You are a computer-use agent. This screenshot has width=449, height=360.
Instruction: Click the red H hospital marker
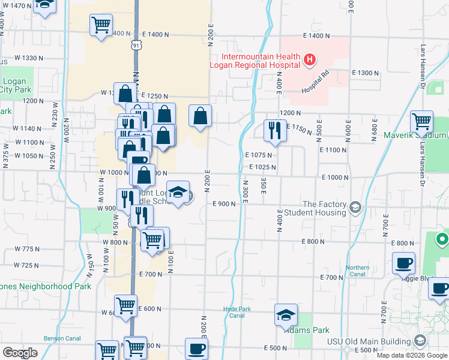[x=309, y=59]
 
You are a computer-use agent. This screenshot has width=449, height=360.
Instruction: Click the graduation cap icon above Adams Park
[x=286, y=314]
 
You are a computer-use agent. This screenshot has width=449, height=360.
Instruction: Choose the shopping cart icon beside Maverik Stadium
[x=422, y=121]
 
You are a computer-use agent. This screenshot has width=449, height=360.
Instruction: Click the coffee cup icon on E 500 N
[x=196, y=348]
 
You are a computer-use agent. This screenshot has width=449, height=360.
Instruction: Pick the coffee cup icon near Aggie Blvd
[x=403, y=262]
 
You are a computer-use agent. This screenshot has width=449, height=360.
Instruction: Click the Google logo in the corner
[x=20, y=352]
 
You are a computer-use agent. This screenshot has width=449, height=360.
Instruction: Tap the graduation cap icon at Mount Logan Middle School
[x=177, y=192]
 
